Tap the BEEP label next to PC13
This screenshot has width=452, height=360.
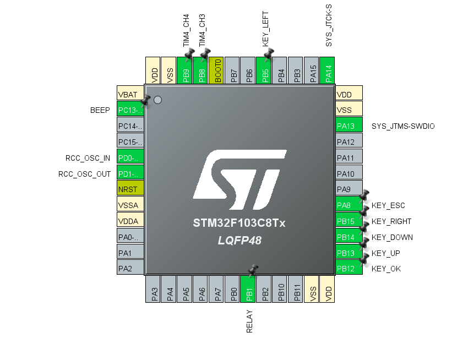pos(100,110)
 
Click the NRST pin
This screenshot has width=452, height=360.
pos(130,189)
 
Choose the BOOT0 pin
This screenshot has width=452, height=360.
pos(218,71)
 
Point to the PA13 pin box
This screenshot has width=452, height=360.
pos(349,126)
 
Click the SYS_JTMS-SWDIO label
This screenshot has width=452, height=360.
pos(403,126)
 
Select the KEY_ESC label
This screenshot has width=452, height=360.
pos(388,206)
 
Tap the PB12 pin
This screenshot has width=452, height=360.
pos(349,269)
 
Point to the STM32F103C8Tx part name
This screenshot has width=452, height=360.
pos(239,223)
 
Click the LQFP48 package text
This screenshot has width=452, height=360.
pos(239,241)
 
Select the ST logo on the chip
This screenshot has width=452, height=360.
pos(239,179)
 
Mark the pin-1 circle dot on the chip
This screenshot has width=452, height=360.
pos(157,100)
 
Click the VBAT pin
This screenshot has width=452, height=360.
pos(130,95)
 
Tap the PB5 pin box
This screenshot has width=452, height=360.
pos(265,71)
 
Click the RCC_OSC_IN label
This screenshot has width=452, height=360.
pos(88,158)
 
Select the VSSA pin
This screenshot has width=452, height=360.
pos(130,205)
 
